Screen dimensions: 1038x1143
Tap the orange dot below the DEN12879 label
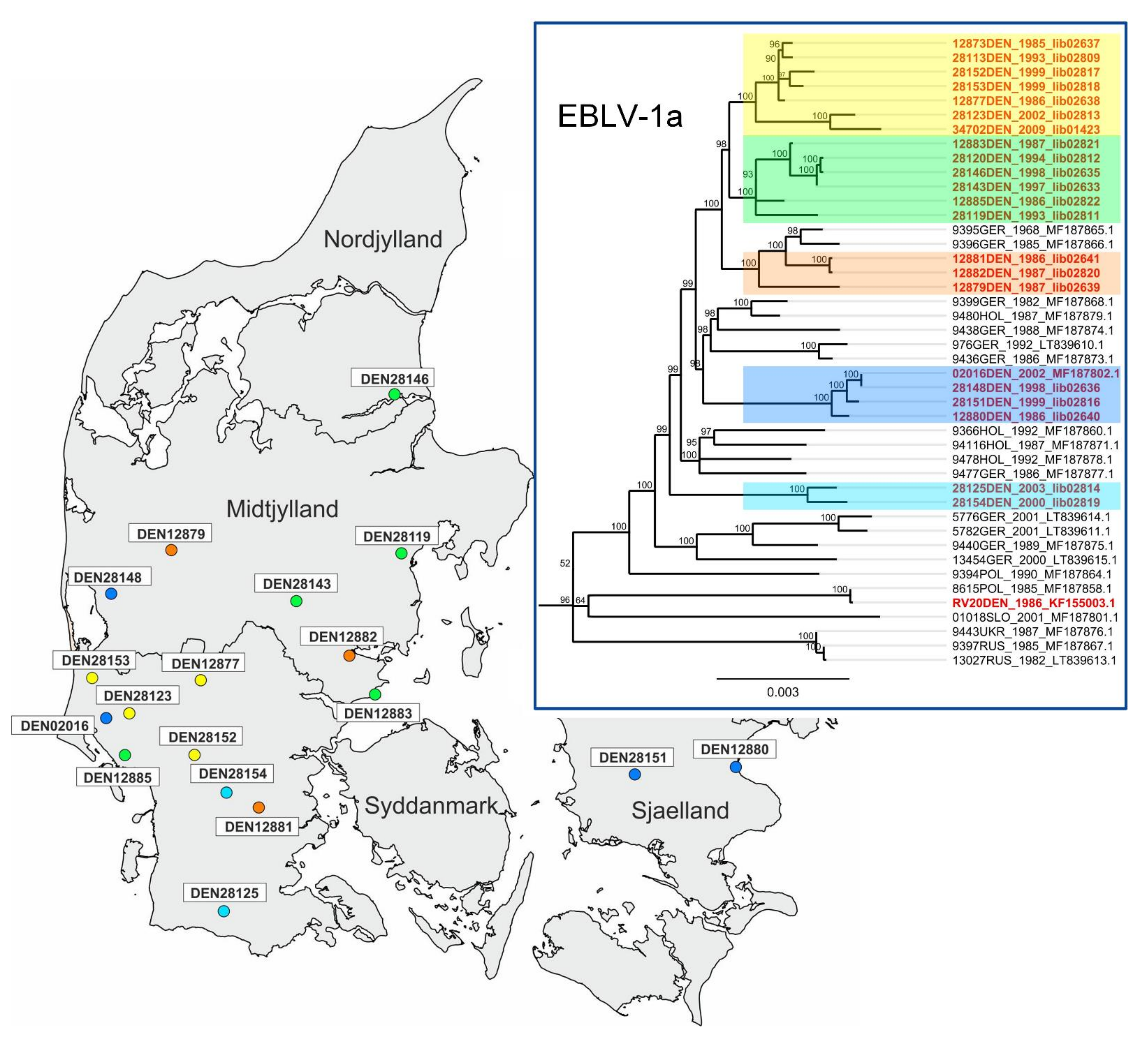[x=171, y=550]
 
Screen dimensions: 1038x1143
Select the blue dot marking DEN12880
[x=735, y=767]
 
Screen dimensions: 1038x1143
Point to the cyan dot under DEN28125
[x=224, y=911]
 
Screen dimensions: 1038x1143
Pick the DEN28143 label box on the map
[x=297, y=584]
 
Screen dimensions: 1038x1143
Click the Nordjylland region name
[x=383, y=239]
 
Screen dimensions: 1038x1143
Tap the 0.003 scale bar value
[x=782, y=692]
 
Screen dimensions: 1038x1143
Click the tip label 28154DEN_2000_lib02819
[x=1026, y=502]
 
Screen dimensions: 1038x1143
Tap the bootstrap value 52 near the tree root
[x=565, y=563]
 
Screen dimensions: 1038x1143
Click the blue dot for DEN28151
[x=635, y=774]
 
